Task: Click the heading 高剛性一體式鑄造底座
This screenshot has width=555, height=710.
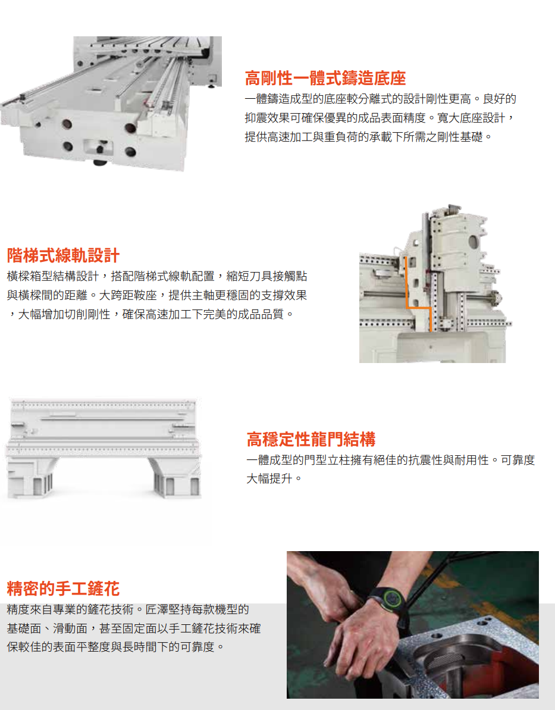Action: pos(325,78)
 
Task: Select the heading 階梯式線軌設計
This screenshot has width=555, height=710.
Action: pos(63,255)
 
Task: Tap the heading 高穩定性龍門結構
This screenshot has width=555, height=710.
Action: pos(311,440)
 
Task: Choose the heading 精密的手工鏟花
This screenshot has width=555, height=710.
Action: pos(63,589)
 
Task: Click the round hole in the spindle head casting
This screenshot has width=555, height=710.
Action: pos(474,242)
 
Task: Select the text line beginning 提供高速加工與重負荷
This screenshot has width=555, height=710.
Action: pos(369,137)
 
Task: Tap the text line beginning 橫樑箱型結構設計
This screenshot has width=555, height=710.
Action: pos(157,276)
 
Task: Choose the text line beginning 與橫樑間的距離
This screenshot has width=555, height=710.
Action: pos(157,295)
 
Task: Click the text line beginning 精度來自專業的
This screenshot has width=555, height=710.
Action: pos(128,609)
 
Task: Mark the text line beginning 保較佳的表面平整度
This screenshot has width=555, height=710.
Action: pos(116,646)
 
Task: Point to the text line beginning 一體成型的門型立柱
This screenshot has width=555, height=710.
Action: pos(390,460)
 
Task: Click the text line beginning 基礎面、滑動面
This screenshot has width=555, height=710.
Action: pos(133,628)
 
